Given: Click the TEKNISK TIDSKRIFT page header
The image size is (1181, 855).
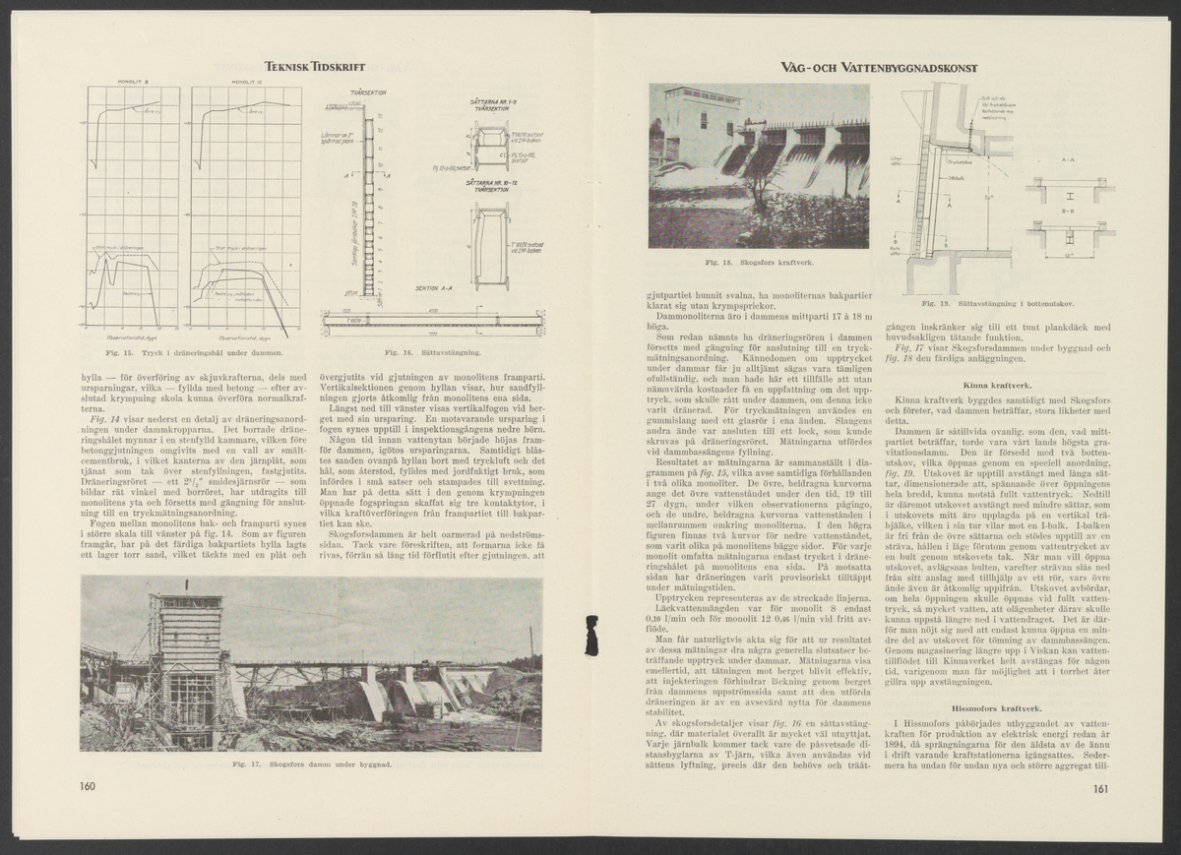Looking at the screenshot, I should click(315, 67).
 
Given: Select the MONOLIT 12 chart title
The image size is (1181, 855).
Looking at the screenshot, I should click(243, 83).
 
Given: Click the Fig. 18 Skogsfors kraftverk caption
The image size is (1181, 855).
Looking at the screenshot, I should click(759, 264).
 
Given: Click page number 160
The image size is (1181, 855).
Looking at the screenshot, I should click(89, 786).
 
